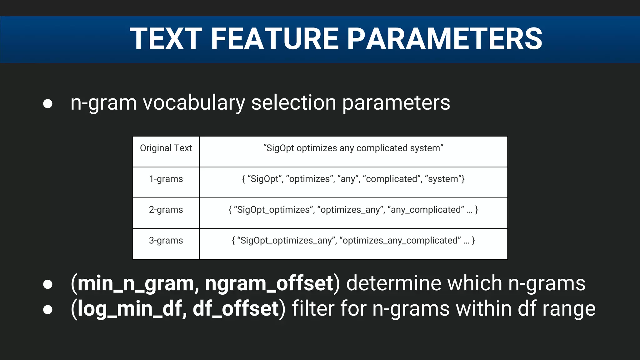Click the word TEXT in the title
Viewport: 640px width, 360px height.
[166, 39]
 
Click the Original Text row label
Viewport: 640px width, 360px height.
[166, 148]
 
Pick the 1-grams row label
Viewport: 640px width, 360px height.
[166, 179]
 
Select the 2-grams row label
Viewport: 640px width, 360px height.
[166, 210]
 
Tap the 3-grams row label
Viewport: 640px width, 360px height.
[166, 241]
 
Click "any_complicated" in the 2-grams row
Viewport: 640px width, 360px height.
[426, 210]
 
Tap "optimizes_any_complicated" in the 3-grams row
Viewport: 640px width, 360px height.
[400, 241]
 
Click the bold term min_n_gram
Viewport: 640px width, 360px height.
[137, 284]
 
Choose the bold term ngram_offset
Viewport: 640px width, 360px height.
[269, 284]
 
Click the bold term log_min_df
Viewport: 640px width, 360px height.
[130, 309]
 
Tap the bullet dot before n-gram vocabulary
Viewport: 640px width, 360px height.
[48, 104]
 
